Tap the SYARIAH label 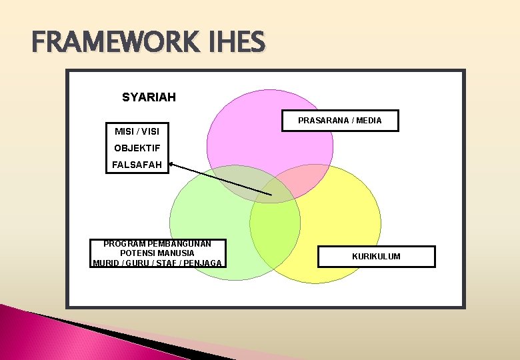click(x=149, y=97)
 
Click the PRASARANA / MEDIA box click(x=339, y=121)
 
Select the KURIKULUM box click(x=376, y=257)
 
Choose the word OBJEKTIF click(x=137, y=148)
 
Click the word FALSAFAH click(x=137, y=165)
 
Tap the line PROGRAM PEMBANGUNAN click(x=157, y=244)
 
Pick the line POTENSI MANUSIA click(x=157, y=253)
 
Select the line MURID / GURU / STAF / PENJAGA click(x=157, y=263)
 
